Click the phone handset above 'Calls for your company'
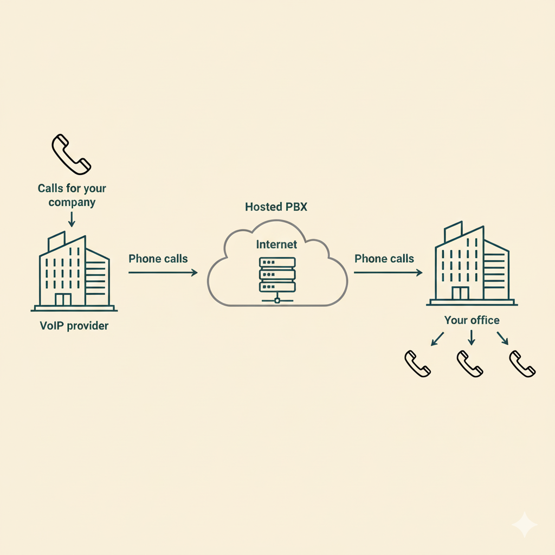pos(71,154)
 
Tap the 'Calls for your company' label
pos(72,195)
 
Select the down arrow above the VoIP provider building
pos(72,219)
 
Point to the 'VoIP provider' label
pos(74,326)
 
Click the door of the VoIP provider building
pos(63,299)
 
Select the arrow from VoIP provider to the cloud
pos(163,273)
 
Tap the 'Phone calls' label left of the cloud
pos(158,259)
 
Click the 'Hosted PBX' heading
pos(271,206)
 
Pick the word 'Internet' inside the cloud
pos(277,244)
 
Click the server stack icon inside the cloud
pos(277,276)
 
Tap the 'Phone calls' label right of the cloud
pos(384,259)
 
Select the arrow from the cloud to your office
pos(388,273)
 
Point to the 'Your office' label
pos(472,320)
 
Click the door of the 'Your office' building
pos(460,293)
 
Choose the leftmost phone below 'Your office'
pos(418,364)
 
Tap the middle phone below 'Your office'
pos(470,364)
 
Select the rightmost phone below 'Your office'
pos(522,364)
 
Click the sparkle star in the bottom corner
pos(524,524)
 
